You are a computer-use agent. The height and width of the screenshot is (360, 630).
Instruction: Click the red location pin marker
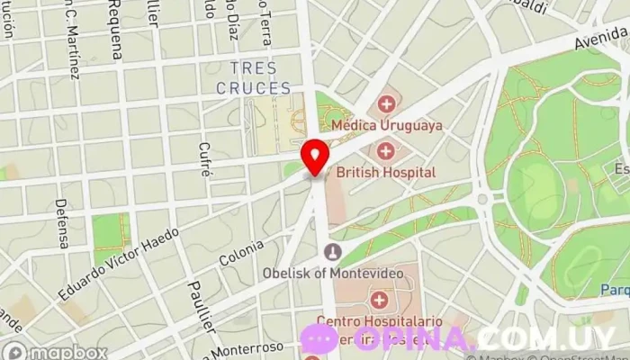pyautogui.click(x=315, y=157)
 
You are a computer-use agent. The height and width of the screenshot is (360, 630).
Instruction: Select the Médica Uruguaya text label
pyautogui.click(x=387, y=125)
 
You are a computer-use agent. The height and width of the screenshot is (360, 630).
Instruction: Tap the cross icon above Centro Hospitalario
pyautogui.click(x=379, y=299)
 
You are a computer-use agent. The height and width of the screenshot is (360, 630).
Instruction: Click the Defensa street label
pyautogui.click(x=61, y=223)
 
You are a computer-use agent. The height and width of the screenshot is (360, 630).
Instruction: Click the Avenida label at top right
pyautogui.click(x=601, y=39)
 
